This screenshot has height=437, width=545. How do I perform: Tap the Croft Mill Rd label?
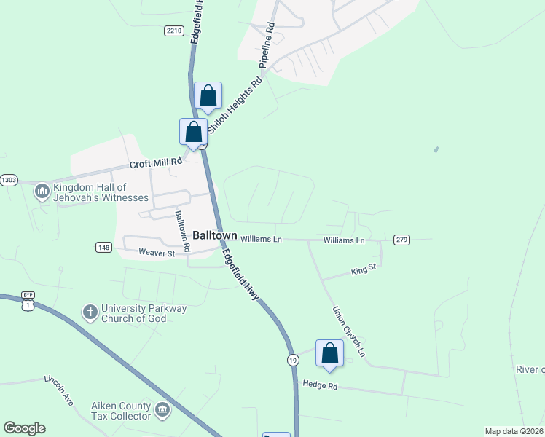tap(155, 165)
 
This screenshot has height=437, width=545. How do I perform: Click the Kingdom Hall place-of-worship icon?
tap(42, 192)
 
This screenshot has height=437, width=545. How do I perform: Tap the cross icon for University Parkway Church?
tap(90, 312)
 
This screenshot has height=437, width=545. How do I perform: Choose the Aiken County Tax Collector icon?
tap(162, 410)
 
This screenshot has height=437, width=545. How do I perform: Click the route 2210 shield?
tap(173, 31)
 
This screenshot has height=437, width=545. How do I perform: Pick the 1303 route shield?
tap(9, 180)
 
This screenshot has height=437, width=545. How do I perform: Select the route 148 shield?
tap(103, 248)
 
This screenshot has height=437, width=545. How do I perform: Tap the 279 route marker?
tap(401, 240)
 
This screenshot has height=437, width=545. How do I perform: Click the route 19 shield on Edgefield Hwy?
tap(292, 361)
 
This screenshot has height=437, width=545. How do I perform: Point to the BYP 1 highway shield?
tap(28, 302)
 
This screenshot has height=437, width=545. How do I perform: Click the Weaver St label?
tap(157, 253)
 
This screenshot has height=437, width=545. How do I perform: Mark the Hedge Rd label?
tap(320, 385)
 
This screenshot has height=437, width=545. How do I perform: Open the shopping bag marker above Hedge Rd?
tap(329, 354)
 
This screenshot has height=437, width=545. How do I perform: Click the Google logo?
tap(25, 428)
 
